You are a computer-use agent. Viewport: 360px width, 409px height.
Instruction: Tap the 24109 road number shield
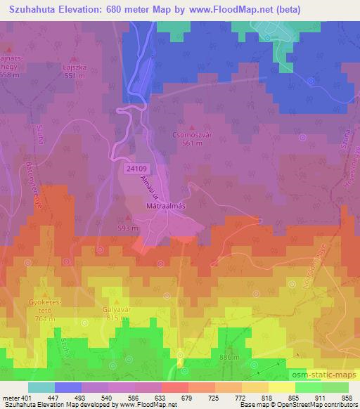tap(138, 169)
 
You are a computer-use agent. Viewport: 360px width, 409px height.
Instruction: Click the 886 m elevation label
tap(229, 358)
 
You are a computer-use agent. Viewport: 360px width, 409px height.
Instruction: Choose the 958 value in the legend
tap(347, 398)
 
